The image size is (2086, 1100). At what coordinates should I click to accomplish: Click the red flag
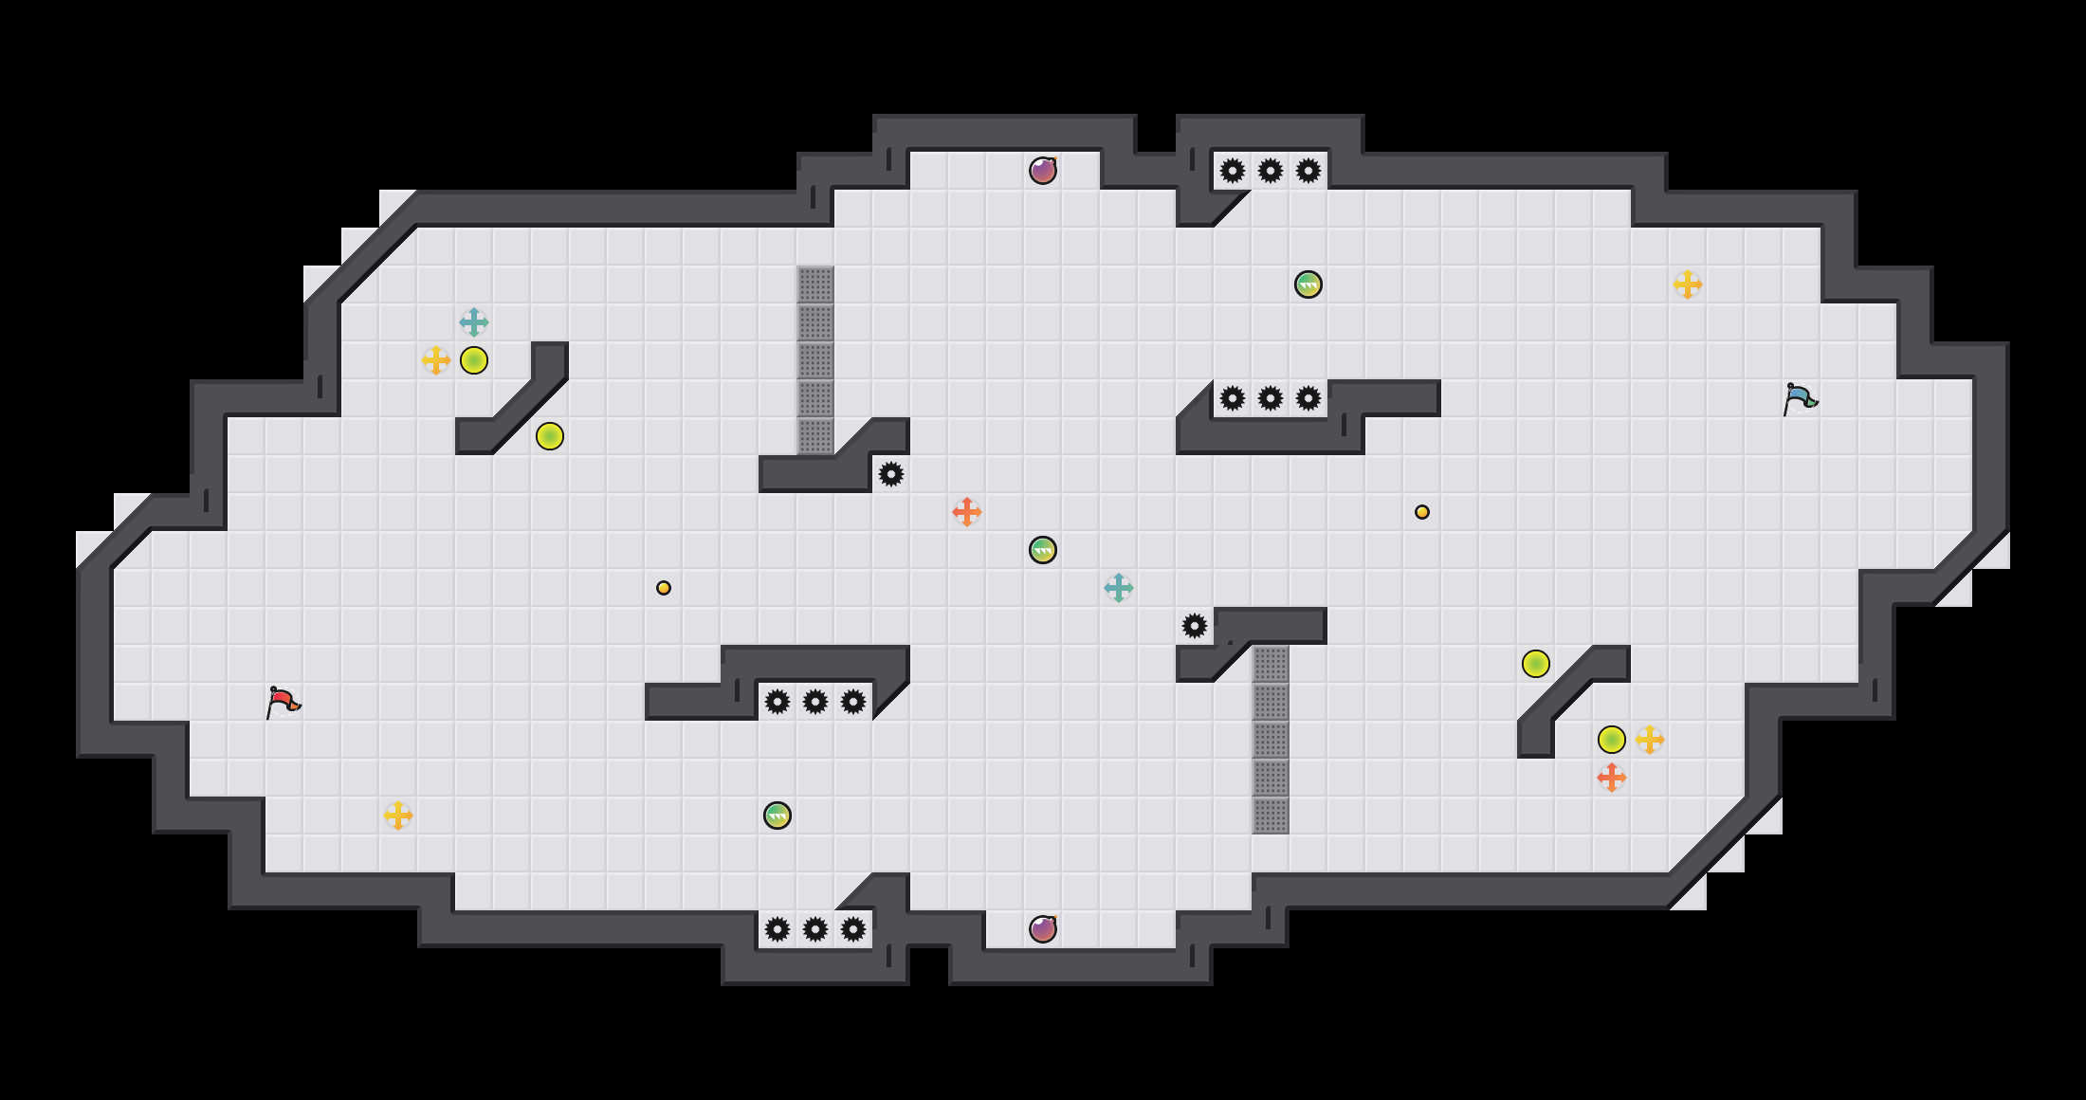click(282, 702)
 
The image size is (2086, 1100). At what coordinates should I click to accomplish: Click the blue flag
click(1799, 398)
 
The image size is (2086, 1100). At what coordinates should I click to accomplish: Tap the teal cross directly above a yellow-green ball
click(474, 322)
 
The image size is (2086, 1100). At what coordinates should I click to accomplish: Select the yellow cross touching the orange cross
click(1650, 740)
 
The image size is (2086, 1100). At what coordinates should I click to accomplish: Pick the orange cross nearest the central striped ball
click(967, 512)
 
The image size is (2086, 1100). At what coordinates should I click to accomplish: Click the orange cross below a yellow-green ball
click(1612, 778)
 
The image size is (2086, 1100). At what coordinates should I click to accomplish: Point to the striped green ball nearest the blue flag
click(1308, 284)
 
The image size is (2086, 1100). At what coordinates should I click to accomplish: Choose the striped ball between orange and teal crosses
click(1043, 550)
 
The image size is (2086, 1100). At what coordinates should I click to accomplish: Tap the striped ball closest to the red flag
click(778, 816)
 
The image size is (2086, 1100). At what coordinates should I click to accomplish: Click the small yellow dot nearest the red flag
click(664, 588)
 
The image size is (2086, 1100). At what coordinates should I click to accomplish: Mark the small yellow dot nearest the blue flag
click(1422, 512)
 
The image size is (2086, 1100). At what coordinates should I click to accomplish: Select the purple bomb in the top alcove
click(1043, 171)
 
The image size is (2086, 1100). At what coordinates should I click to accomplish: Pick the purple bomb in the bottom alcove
click(1043, 929)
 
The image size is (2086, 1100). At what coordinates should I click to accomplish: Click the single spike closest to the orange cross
click(891, 474)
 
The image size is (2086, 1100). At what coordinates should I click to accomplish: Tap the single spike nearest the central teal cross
click(1195, 626)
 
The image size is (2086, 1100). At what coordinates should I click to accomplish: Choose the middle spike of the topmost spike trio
click(1271, 171)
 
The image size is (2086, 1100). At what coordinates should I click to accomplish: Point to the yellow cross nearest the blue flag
click(1688, 284)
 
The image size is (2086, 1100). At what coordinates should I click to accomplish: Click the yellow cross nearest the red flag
click(398, 816)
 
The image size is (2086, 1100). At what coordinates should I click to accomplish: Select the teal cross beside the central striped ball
click(1119, 588)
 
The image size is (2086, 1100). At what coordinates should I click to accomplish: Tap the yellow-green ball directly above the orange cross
click(1612, 740)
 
